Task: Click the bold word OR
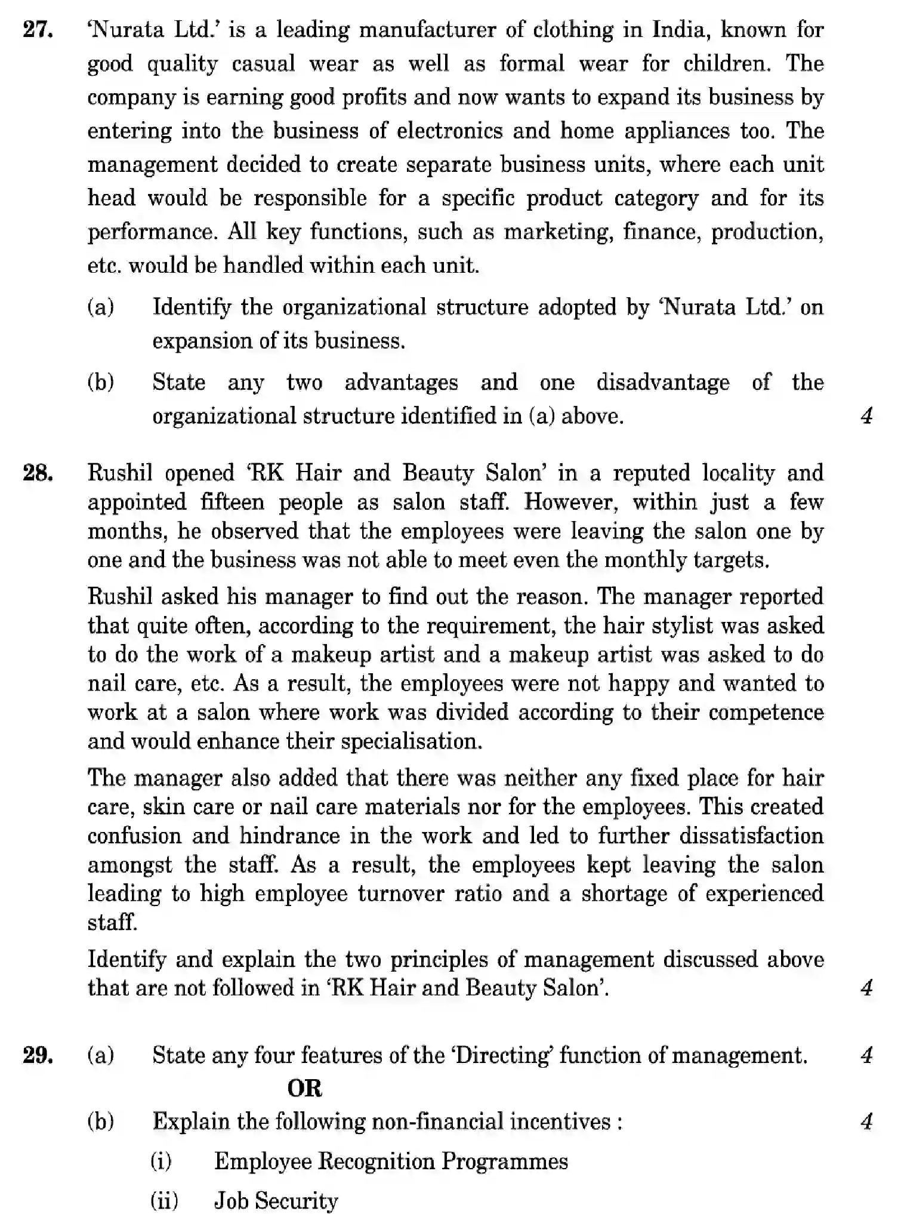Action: [304, 1088]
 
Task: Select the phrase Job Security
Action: [276, 1200]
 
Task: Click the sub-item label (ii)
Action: [164, 1200]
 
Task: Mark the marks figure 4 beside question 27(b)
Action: [866, 416]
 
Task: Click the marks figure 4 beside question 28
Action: [866, 988]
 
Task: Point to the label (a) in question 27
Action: [101, 307]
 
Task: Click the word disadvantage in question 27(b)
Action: [662, 382]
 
